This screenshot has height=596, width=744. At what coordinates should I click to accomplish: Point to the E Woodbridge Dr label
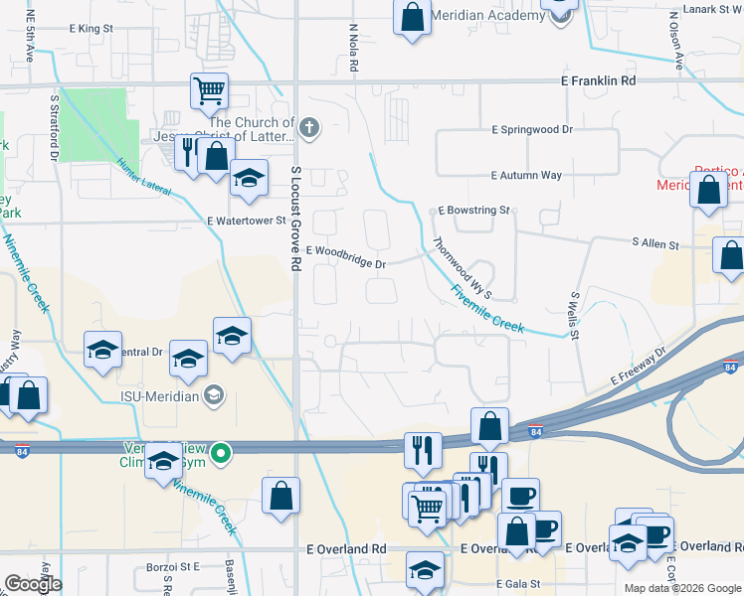(346, 257)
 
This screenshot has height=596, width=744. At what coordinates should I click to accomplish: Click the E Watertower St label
(246, 221)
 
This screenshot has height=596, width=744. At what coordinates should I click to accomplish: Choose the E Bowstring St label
(474, 211)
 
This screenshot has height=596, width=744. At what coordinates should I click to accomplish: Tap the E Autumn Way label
(526, 175)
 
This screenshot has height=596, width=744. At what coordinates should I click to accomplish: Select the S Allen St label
(654, 243)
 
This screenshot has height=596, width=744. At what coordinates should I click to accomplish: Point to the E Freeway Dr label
(637, 370)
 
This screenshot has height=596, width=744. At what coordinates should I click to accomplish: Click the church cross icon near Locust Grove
(309, 126)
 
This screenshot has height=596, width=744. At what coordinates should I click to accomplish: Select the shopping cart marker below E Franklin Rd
(209, 90)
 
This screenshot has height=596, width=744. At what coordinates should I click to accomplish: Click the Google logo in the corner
(34, 584)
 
